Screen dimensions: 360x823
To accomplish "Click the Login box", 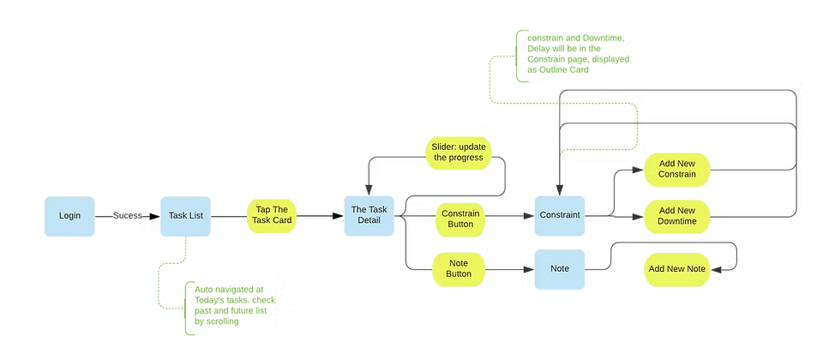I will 70,215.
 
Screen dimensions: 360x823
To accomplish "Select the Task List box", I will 185,215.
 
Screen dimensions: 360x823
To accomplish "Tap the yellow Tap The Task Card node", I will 273,216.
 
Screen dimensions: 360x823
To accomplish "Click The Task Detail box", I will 369,216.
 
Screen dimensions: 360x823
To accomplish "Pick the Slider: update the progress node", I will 464,152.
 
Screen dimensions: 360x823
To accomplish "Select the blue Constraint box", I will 560,215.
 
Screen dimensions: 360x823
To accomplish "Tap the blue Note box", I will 560,268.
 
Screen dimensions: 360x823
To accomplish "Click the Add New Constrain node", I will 676,168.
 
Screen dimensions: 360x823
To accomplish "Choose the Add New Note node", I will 676,269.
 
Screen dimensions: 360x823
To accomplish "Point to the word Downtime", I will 676,222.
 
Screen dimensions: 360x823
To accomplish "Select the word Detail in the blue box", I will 369,223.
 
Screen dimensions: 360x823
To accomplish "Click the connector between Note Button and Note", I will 509,269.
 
